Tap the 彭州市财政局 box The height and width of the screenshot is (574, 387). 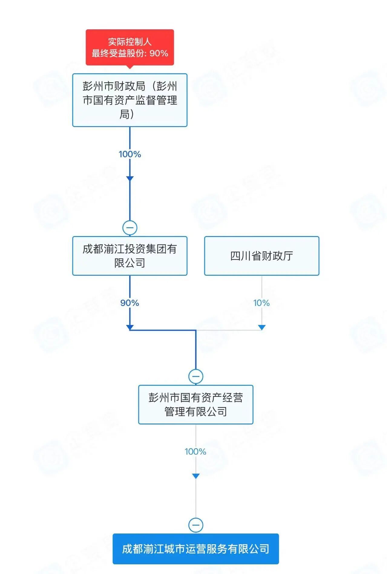click(130, 100)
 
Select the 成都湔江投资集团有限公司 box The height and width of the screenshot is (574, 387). click(130, 256)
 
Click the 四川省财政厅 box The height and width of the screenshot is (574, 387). click(261, 256)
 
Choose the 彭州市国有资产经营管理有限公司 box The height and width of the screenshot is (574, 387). click(195, 404)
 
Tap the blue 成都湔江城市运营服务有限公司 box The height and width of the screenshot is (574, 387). click(195, 549)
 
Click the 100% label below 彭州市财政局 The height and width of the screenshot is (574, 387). click(130, 154)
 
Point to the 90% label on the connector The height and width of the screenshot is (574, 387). click(130, 303)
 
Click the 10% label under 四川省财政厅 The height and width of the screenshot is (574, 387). click(261, 303)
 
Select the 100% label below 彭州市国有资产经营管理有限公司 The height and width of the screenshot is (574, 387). click(195, 451)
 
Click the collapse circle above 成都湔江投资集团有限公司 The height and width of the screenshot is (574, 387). click(130, 228)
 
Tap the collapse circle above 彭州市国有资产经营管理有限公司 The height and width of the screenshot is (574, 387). click(196, 376)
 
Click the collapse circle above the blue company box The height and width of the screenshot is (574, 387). click(196, 525)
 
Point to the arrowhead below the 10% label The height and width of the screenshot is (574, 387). click(262, 327)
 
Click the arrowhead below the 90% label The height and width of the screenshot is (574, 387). click(130, 327)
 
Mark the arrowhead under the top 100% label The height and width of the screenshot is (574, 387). click(130, 179)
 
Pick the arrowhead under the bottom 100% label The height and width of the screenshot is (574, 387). click(196, 476)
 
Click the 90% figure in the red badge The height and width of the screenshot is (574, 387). click(159, 54)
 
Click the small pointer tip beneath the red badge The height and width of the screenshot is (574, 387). click(130, 67)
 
